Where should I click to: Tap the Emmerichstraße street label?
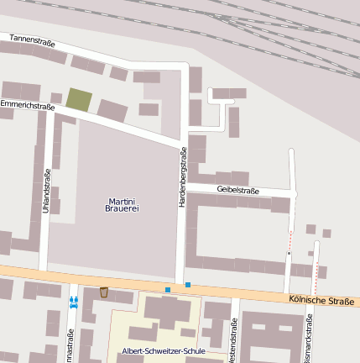point(27,106)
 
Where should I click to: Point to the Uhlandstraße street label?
point(46,191)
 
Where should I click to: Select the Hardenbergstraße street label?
point(182,177)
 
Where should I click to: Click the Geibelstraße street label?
point(237,191)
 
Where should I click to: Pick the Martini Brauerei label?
point(122,205)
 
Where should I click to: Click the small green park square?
point(79,99)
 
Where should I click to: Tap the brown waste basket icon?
point(104,292)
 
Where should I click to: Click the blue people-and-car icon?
point(73,301)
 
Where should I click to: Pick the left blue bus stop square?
point(168,290)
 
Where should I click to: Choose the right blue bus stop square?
point(187,285)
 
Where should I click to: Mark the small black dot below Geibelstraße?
point(289,252)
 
